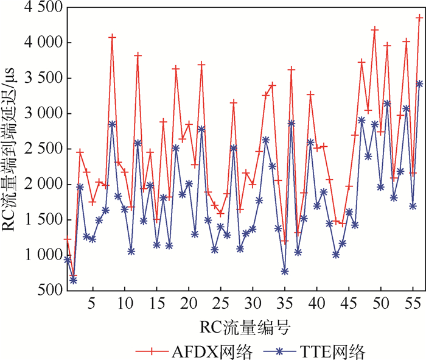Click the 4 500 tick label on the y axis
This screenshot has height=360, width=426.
click(x=41, y=9)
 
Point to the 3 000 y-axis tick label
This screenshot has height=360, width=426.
click(x=41, y=114)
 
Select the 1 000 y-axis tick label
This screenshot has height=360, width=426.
click(x=41, y=255)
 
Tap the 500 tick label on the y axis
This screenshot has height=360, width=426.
click(x=49, y=291)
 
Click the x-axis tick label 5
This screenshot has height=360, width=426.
click(x=93, y=303)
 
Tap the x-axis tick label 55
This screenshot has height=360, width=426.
click(x=413, y=303)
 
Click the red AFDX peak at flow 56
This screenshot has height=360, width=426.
click(x=419, y=18)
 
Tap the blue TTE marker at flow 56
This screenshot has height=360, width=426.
click(x=419, y=83)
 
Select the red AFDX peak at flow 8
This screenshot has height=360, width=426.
click(x=112, y=37)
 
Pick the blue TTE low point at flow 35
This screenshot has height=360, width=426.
click(x=285, y=271)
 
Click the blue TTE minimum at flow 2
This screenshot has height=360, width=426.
click(x=74, y=280)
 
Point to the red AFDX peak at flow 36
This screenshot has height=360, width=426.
click(x=292, y=69)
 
